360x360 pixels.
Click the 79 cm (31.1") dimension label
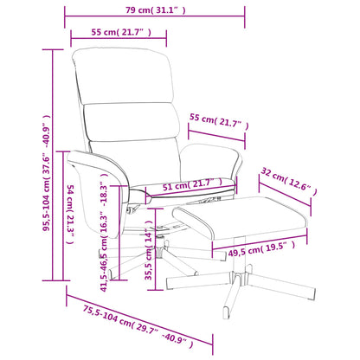(x=155, y=10)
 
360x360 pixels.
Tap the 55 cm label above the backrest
(x=121, y=32)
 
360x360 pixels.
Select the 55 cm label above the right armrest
(x=219, y=122)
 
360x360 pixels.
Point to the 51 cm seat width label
(x=192, y=184)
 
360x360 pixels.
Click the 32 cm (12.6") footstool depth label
(x=289, y=182)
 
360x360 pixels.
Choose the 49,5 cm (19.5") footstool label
(x=261, y=249)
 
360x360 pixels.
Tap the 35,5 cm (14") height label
(x=149, y=250)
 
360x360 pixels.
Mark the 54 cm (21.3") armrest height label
(x=70, y=215)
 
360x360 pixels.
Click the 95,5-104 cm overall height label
(x=47, y=173)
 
